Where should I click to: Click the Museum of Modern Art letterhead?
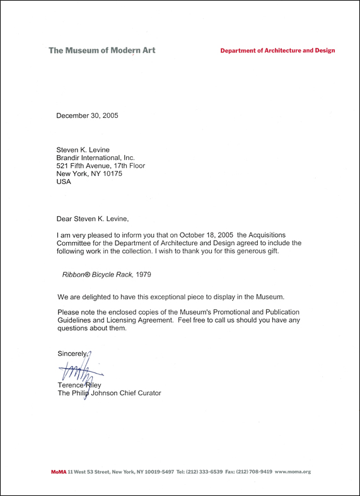point(102,50)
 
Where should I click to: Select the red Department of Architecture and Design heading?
point(277,50)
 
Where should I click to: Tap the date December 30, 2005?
point(87,116)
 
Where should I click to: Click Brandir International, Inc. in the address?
point(96,158)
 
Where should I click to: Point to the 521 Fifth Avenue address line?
point(101,166)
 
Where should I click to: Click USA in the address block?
point(64,182)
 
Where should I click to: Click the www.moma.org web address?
point(293,471)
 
